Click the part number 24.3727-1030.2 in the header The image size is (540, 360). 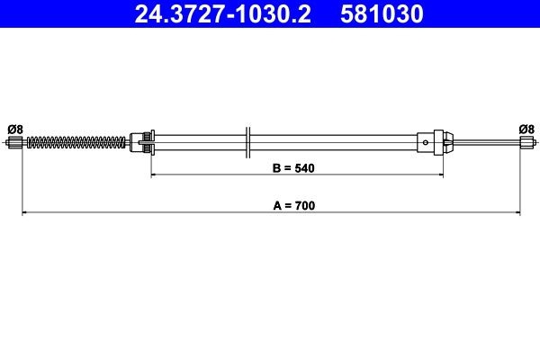pos(223,14)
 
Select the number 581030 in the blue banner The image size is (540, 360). pos(382,14)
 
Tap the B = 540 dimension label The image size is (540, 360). pos(293,168)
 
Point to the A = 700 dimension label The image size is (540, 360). pos(294,206)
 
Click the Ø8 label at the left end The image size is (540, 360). pos(15,130)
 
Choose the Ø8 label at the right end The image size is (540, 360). pos(526,130)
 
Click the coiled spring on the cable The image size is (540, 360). pos(76,142)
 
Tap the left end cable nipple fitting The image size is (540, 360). pos(14,142)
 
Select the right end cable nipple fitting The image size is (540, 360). pos(527,142)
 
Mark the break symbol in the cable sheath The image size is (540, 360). pos(248,142)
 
